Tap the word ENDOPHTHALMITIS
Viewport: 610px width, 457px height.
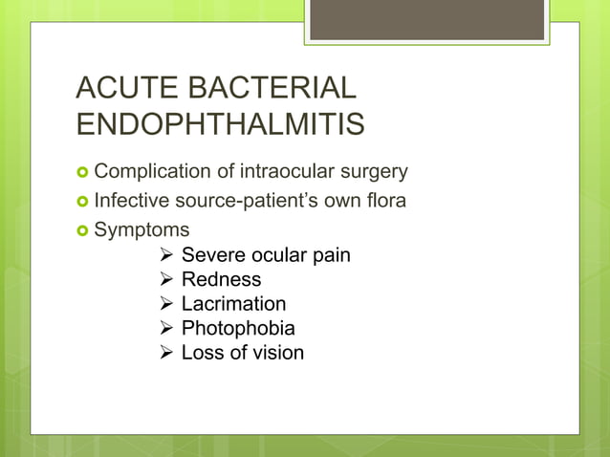coord(221,126)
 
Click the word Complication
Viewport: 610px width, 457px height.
coord(152,172)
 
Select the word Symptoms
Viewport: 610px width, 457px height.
coord(142,230)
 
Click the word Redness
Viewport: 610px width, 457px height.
coord(221,279)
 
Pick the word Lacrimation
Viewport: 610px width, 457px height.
coord(233,304)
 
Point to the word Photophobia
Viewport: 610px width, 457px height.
coord(238,328)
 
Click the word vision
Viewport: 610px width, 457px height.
coord(278,353)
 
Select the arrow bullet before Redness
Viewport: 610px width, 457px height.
coord(165,280)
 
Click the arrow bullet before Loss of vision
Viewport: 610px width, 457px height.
coord(165,353)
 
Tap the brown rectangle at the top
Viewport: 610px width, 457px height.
coord(427,20)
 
